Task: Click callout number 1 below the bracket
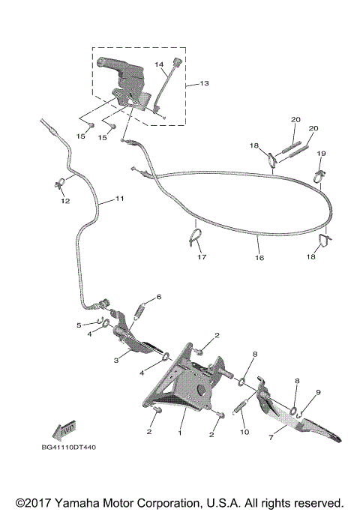(180, 433)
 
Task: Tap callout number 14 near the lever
(158, 65)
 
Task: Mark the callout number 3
(116, 361)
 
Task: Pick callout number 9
(318, 392)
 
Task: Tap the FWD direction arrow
(64, 429)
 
